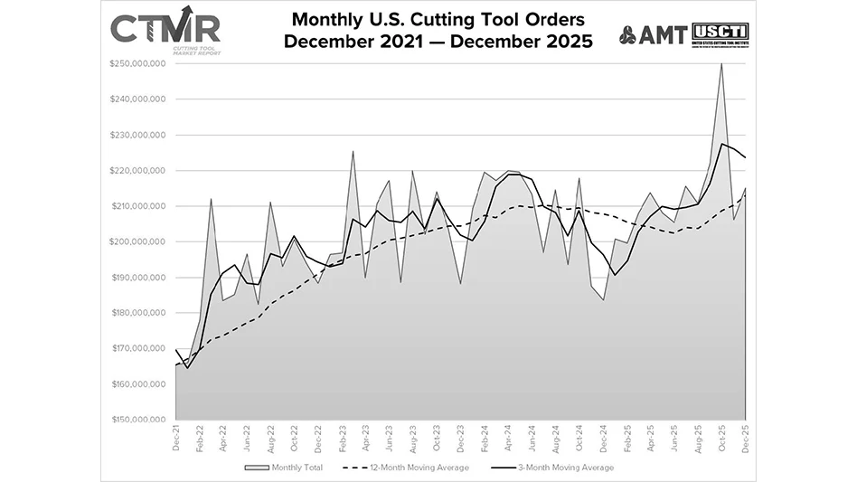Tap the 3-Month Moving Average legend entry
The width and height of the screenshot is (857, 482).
(x=559, y=468)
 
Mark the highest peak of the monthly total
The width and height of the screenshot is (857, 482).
(x=721, y=64)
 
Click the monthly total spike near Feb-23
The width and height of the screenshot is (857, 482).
(x=353, y=151)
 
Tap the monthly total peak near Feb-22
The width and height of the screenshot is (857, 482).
(x=211, y=200)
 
